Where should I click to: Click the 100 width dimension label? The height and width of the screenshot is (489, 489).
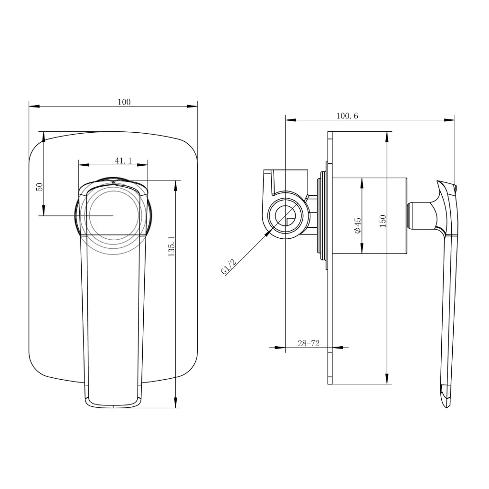tap(124, 102)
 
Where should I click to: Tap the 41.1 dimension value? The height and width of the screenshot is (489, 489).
tap(124, 160)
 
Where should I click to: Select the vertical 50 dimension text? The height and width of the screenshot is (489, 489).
tap(40, 187)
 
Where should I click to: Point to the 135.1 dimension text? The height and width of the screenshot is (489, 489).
tap(171, 246)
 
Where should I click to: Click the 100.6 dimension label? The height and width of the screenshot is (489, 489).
tap(347, 116)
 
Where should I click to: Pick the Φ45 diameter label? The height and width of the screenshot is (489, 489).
tap(357, 225)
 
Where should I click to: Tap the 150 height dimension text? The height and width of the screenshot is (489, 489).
tap(383, 221)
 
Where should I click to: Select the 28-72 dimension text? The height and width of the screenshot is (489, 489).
tap(309, 343)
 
